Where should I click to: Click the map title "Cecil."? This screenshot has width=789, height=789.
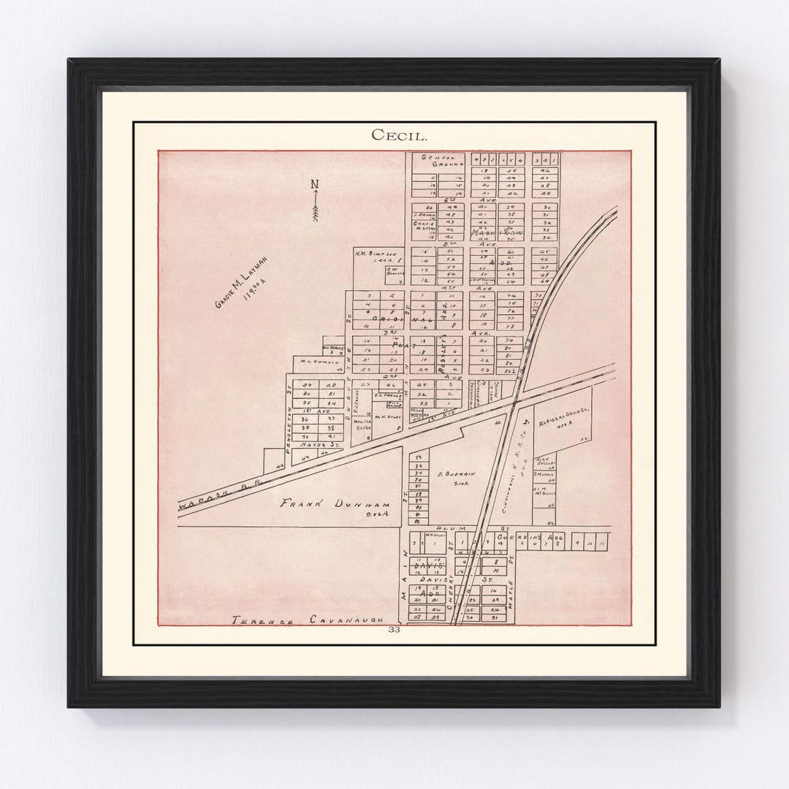pos(394,135)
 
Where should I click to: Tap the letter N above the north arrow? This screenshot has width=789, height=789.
pos(315,184)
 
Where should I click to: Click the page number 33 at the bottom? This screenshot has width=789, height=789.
pos(394,629)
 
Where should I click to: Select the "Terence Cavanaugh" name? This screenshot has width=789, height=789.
pos(308,620)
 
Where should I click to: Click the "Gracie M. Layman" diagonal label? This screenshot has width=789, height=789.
pos(241,282)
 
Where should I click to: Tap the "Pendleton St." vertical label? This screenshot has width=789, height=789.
pos(289,435)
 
